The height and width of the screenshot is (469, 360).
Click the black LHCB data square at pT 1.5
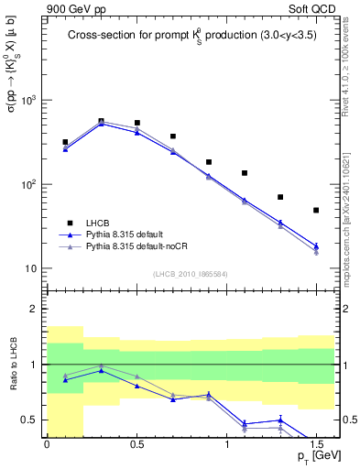[x=316, y=211]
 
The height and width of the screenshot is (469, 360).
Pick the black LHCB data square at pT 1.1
[x=245, y=173]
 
